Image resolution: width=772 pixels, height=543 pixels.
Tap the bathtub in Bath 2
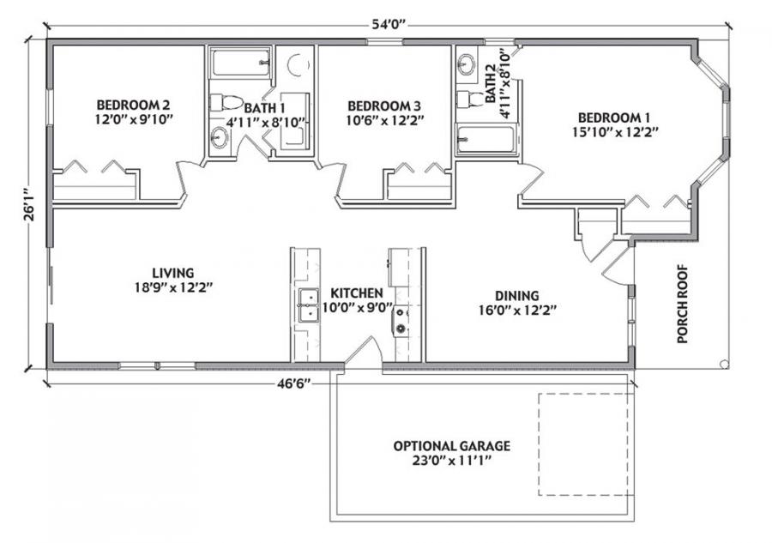(x=486, y=139)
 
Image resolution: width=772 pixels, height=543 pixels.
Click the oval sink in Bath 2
(x=466, y=63)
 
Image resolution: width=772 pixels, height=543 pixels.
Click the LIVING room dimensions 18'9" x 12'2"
(x=175, y=287)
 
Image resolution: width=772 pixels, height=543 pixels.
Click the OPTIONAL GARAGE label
(x=451, y=446)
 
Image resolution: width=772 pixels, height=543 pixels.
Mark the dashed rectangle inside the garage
(x=586, y=444)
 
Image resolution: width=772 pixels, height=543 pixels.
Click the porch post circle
(x=725, y=365)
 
